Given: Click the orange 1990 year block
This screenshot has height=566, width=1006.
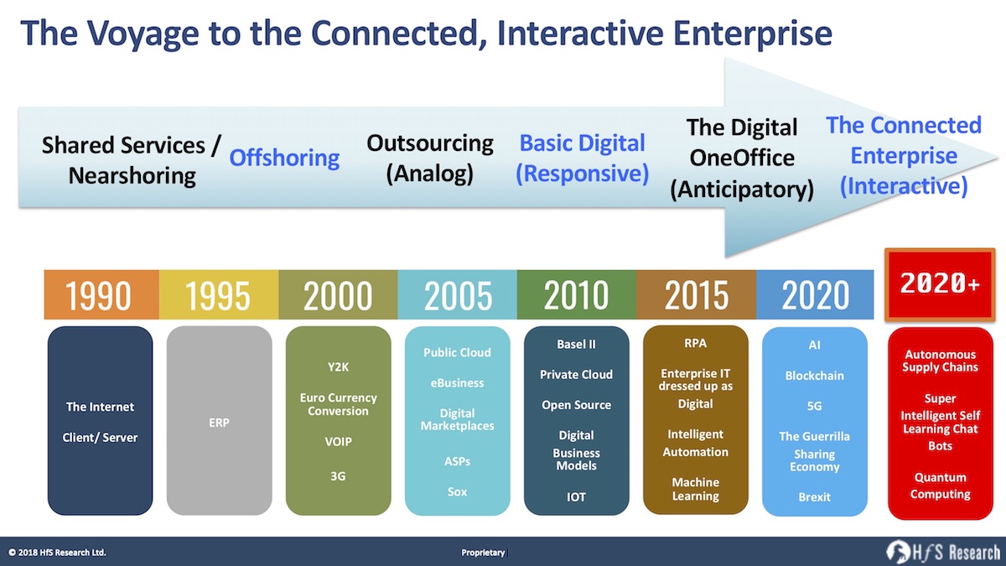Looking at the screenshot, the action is pyautogui.click(x=101, y=294).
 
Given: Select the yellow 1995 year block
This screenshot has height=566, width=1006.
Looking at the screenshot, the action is pyautogui.click(x=219, y=294).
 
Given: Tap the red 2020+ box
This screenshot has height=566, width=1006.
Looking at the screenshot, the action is pyautogui.click(x=940, y=284).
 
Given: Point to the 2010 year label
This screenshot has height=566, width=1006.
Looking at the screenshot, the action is pyautogui.click(x=576, y=294).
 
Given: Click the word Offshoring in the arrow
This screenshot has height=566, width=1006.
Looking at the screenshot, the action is pyautogui.click(x=284, y=158).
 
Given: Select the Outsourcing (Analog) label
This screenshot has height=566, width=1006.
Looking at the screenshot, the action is pyautogui.click(x=430, y=158).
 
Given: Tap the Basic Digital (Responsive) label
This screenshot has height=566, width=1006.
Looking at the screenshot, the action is pyautogui.click(x=582, y=158).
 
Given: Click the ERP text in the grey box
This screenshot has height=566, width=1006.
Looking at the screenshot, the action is pyautogui.click(x=219, y=423).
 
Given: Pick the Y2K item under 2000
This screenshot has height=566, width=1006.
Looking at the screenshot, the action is pyautogui.click(x=338, y=367).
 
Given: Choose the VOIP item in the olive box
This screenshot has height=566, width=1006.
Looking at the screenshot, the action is pyautogui.click(x=338, y=442).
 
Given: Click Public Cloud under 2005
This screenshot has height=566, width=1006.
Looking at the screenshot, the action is pyautogui.click(x=457, y=353).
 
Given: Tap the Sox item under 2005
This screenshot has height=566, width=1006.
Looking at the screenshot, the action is pyautogui.click(x=457, y=491).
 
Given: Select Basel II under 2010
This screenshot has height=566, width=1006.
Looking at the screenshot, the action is pyautogui.click(x=576, y=345).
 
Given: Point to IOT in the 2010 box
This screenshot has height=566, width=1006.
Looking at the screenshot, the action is pyautogui.click(x=576, y=496).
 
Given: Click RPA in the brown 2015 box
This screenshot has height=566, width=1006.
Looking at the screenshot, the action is pyautogui.click(x=695, y=343).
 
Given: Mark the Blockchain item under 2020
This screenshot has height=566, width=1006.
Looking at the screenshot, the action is pyautogui.click(x=814, y=376).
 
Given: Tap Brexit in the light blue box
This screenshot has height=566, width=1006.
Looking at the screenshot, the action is pyautogui.click(x=814, y=496).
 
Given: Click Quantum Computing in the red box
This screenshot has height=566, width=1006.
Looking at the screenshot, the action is pyautogui.click(x=940, y=486).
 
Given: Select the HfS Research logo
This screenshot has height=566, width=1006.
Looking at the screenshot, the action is pyautogui.click(x=943, y=552).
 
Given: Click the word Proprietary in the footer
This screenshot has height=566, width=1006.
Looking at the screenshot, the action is pyautogui.click(x=483, y=553).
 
